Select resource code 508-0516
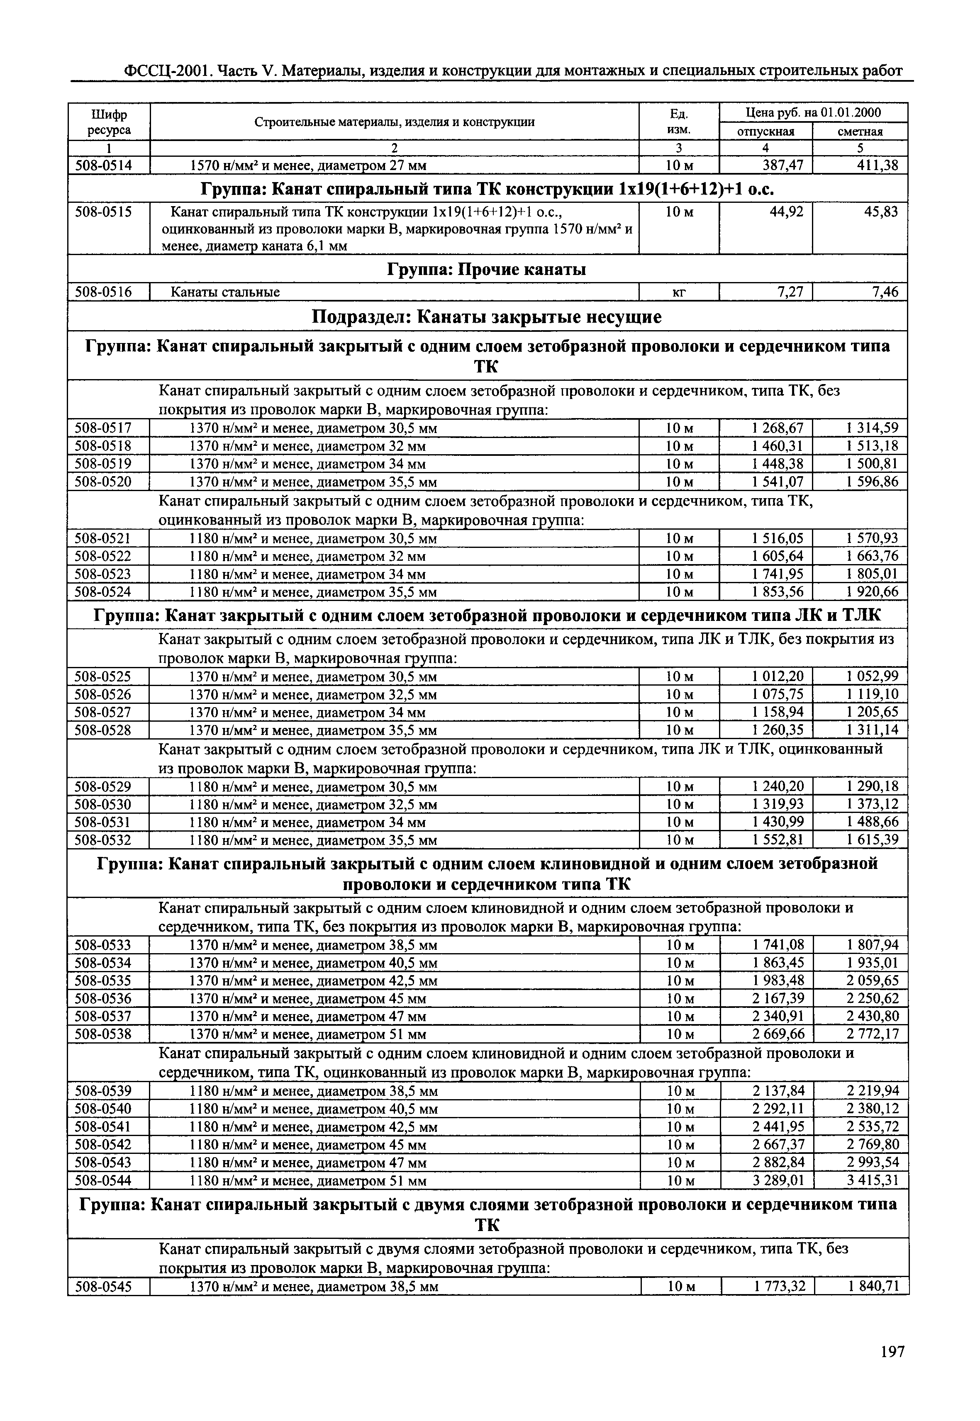[103, 292]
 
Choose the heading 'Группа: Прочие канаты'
[487, 270]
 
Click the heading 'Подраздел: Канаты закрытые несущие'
[487, 317]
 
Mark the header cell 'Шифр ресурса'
[109, 122]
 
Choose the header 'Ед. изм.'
[678, 122]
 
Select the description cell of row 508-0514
[307, 165]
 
